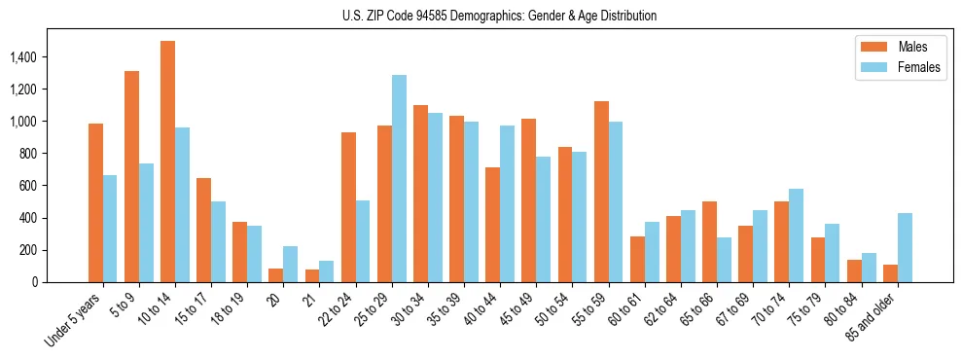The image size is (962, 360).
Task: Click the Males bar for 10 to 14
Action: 167,162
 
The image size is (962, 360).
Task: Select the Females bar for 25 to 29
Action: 399,179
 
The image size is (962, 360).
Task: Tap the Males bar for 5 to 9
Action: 131,176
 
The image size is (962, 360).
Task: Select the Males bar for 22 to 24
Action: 348,207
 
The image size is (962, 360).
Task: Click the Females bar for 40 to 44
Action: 507,204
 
